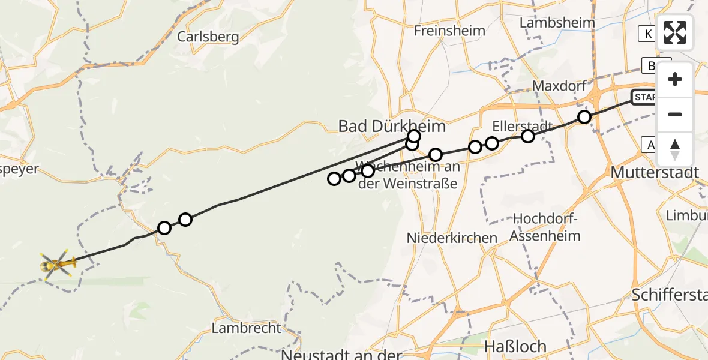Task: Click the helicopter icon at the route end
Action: tap(57, 263)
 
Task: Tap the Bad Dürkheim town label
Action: tap(392, 126)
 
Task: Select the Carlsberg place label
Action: tap(208, 37)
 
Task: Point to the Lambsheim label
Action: tap(557, 23)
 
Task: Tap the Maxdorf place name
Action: tap(559, 86)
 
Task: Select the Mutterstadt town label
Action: tap(655, 173)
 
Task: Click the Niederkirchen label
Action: tap(452, 238)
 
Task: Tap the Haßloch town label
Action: tap(515, 346)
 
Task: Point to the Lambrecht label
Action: tap(246, 328)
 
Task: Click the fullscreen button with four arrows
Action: tap(674, 32)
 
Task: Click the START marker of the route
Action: tap(645, 97)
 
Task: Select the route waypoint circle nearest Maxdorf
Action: tap(584, 117)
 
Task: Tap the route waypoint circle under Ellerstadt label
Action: tap(527, 136)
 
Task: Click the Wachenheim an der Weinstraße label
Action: tap(408, 174)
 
